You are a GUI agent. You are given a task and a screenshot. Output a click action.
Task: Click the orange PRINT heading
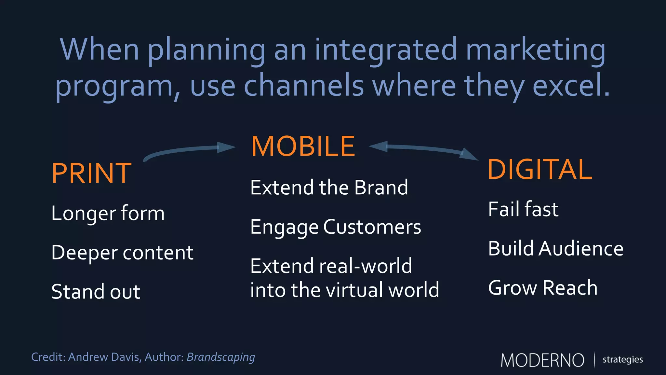(91, 174)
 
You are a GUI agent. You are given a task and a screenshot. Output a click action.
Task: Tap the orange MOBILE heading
(303, 146)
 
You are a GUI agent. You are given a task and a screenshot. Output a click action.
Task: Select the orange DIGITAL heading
(540, 170)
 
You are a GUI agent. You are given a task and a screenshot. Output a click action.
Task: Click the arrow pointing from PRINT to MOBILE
(189, 150)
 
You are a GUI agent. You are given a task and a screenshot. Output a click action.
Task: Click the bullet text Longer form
(108, 214)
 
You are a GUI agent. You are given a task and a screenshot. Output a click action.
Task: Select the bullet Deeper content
(122, 253)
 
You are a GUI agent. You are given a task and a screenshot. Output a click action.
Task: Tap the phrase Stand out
(96, 292)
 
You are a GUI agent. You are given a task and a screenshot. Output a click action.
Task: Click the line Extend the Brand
(329, 187)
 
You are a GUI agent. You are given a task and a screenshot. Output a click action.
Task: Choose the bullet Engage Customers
(336, 227)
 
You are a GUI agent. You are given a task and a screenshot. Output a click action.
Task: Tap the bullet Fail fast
(523, 209)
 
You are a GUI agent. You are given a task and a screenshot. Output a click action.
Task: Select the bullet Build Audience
(556, 249)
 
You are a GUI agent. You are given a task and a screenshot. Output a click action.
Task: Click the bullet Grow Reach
(543, 288)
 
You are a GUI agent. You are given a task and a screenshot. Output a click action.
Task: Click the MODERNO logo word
(542, 360)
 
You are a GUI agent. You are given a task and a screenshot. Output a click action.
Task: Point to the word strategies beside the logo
(622, 359)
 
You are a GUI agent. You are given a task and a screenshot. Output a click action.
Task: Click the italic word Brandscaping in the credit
(221, 357)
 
